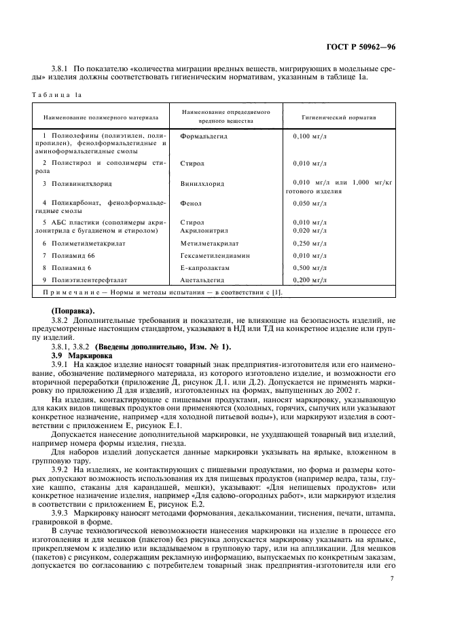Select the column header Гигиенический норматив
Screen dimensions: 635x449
[x=339, y=117]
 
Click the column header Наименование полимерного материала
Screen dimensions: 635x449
[x=101, y=117]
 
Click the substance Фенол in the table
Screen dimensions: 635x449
[x=192, y=203]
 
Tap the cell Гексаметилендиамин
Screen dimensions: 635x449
[x=215, y=256]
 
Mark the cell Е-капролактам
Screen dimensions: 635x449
[x=205, y=268]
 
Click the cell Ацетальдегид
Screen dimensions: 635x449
[x=204, y=280]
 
